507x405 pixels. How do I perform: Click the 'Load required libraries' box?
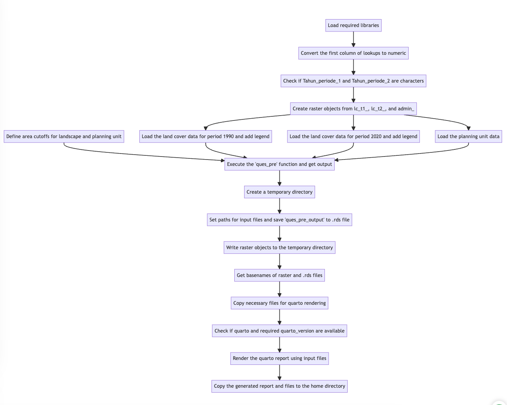pos(353,26)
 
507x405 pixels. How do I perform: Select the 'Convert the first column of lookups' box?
pos(353,53)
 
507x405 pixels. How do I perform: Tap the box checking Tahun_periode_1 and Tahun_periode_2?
pos(353,81)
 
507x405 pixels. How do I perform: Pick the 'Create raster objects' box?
pos(353,109)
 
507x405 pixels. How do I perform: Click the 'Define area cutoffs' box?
pos(64,137)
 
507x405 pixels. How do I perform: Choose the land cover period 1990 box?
pos(205,137)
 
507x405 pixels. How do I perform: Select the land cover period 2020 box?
pos(353,137)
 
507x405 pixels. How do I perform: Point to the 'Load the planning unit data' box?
pos(468,137)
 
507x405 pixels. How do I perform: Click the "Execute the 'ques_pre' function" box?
pos(279,164)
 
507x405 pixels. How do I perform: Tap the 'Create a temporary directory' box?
pos(279,192)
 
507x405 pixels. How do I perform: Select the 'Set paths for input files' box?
pos(279,220)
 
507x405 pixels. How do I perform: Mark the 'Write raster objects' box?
pos(279,248)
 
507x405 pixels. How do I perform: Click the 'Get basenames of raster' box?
pos(279,276)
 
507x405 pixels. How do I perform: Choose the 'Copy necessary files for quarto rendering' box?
pos(279,303)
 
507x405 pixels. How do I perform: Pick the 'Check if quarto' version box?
pos(279,331)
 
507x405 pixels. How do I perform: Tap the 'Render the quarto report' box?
pos(279,358)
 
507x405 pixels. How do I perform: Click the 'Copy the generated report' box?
pos(279,386)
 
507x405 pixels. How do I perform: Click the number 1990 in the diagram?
pos(228,137)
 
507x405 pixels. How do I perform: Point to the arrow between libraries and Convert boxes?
pos(353,39)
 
